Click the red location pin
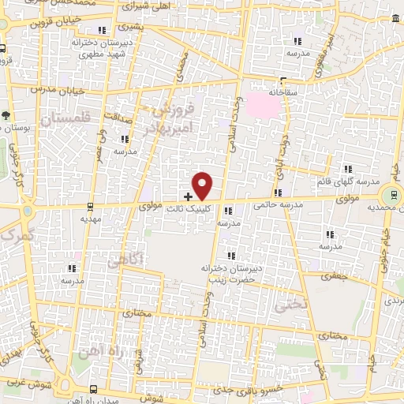point(203,185)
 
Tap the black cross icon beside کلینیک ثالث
point(188,196)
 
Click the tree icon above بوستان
point(7,115)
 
